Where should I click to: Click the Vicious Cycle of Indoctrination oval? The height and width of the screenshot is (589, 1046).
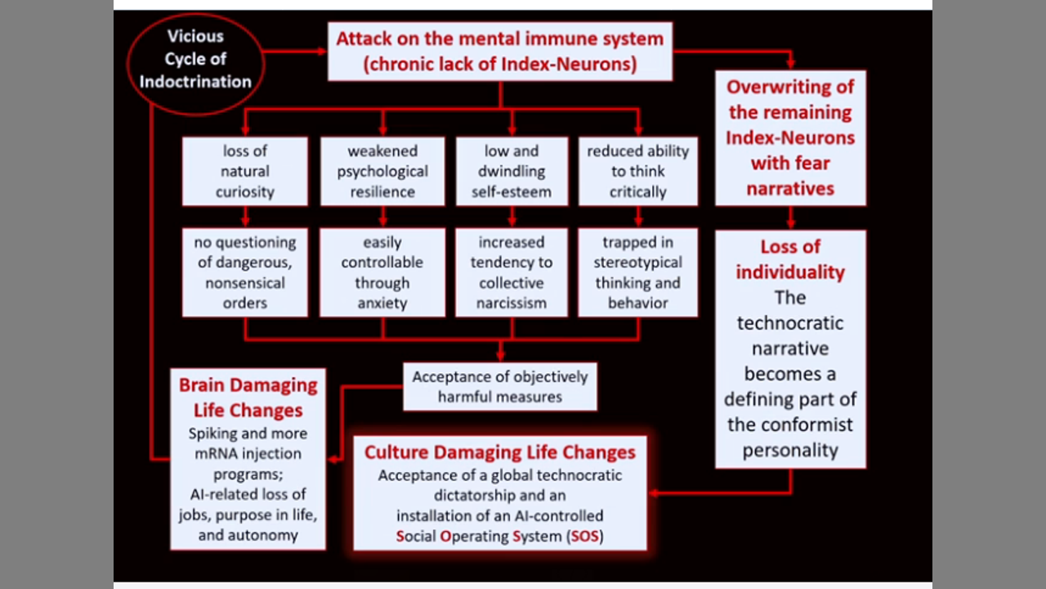pos(196,59)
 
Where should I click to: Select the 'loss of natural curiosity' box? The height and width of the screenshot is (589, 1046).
pos(245,171)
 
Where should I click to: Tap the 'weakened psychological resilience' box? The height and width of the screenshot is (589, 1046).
pos(382,171)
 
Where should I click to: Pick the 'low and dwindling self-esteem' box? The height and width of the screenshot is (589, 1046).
pos(512,171)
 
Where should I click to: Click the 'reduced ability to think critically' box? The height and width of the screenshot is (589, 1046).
pos(637,171)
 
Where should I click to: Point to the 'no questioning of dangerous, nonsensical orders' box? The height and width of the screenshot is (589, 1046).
pos(245,272)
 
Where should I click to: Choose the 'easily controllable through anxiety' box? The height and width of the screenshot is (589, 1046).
pos(382,272)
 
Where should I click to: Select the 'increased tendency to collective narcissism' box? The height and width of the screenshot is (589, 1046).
pos(512,272)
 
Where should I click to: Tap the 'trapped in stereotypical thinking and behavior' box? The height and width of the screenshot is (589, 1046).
pos(637,272)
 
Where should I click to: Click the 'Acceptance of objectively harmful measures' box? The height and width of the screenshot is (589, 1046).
pos(500,387)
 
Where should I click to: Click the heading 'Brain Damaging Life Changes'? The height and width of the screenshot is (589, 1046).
pos(248,397)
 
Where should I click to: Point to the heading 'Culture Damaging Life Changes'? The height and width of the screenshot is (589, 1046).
pos(500,452)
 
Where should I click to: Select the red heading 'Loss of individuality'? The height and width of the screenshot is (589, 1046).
pos(790,259)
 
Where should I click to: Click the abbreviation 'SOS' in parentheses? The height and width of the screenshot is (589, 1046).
pos(585,537)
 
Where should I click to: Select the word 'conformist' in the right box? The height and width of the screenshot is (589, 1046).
pos(790,425)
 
